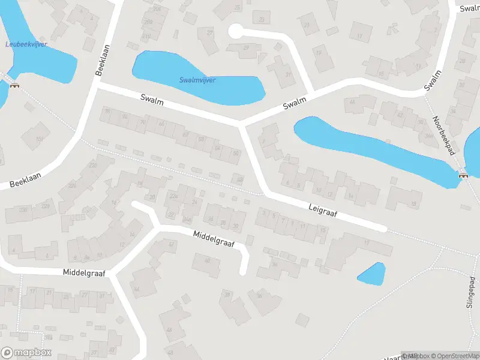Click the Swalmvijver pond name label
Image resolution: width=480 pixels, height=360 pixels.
click(x=197, y=80)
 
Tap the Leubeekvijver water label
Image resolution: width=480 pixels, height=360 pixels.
click(x=26, y=44)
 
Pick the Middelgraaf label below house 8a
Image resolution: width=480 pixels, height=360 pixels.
click(x=84, y=272)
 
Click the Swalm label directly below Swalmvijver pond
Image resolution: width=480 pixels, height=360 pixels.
click(x=152, y=99)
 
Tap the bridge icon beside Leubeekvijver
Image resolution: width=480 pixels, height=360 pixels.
click(x=14, y=85)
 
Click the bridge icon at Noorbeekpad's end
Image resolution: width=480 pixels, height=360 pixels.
click(x=463, y=175)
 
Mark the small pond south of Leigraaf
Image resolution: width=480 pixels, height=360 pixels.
click(x=371, y=274)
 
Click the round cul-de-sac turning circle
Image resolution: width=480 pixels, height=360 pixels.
click(x=236, y=31)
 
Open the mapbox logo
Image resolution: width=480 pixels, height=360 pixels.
click(x=26, y=353)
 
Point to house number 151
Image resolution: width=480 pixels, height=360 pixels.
click(x=40, y=139)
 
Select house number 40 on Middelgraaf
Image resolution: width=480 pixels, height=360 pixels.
click(x=208, y=260)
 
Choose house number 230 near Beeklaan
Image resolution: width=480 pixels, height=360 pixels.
click(x=25, y=209)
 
